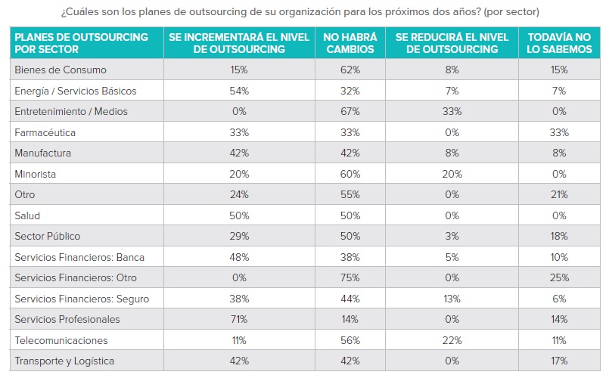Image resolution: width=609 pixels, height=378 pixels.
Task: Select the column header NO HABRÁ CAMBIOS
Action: click(349, 43)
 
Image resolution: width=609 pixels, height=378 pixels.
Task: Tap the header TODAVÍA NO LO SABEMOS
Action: click(559, 43)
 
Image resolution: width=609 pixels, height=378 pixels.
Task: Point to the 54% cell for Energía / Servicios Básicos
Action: click(238, 91)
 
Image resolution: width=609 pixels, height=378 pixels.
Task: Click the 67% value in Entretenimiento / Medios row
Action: click(349, 111)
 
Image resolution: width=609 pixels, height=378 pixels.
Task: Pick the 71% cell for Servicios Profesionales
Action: click(238, 319)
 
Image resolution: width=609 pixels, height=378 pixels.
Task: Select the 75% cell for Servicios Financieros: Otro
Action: click(349, 277)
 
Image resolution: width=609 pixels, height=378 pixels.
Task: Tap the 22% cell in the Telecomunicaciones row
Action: click(452, 340)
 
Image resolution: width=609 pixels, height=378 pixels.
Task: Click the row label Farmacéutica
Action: click(44, 132)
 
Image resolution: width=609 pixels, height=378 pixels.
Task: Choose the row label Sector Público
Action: click(47, 236)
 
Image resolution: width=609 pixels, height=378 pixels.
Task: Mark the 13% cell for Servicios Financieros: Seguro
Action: click(452, 299)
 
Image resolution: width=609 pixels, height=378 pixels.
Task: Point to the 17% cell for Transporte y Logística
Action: click(559, 361)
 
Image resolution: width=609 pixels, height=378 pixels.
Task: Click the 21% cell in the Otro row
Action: click(559, 194)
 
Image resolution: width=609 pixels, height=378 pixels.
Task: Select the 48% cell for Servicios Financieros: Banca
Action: click(238, 257)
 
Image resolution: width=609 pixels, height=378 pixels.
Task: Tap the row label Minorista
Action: click(36, 174)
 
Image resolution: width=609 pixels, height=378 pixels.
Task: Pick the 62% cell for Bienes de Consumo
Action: click(349, 70)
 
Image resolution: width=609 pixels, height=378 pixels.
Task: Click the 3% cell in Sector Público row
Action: click(452, 236)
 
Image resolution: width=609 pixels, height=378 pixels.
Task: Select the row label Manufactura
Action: click(42, 153)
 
